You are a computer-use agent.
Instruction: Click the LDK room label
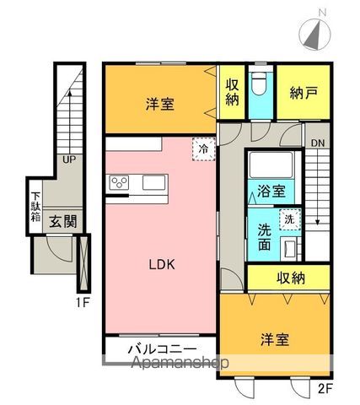(161, 263)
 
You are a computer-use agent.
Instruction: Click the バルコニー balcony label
(162, 348)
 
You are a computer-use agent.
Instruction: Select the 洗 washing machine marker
(289, 219)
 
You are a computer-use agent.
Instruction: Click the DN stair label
(312, 143)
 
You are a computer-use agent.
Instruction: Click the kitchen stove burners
(119, 181)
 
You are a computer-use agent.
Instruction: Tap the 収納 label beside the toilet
(232, 92)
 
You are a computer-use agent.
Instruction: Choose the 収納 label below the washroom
(288, 278)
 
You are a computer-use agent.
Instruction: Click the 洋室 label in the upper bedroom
(159, 105)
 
